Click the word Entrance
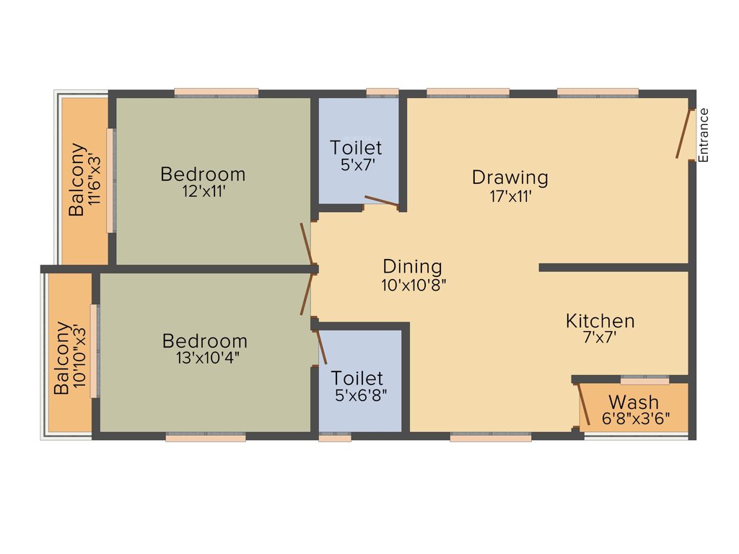coord(704,135)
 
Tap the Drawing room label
coord(510,177)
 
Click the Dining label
coord(412,266)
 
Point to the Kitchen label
coord(600,321)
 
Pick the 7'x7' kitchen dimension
coord(600,338)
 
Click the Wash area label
coord(633,402)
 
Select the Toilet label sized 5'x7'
coord(356,148)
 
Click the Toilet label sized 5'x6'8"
coord(357,378)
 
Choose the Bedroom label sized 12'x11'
coord(203,174)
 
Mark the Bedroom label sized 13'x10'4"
coord(204,340)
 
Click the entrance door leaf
coord(682,133)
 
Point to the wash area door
coord(584,404)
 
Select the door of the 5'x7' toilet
coord(381,201)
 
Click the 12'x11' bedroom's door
coord(306,244)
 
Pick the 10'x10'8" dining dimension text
coord(414,285)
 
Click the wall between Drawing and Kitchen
coord(613,268)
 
